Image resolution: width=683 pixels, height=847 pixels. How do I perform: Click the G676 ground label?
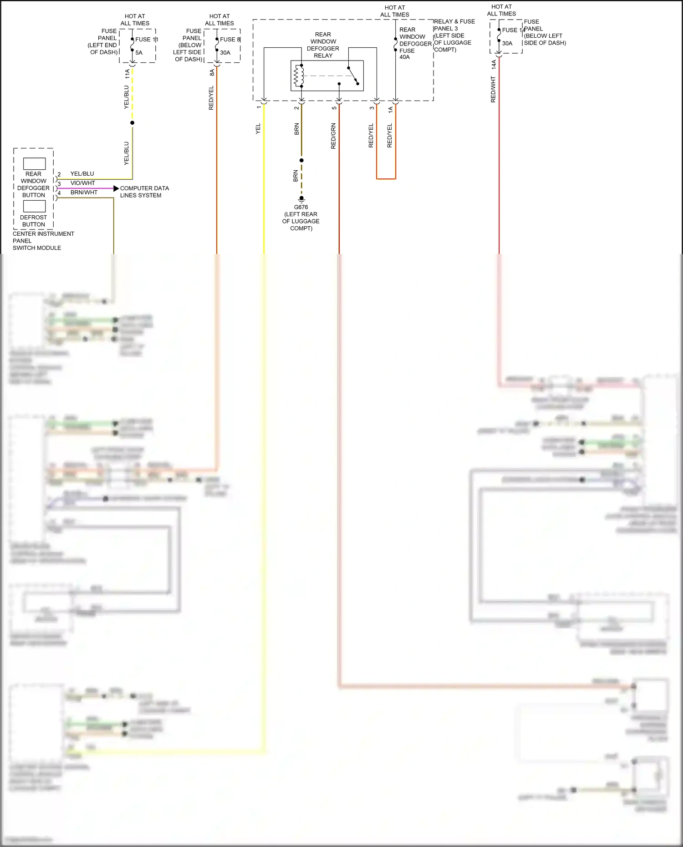click(301, 207)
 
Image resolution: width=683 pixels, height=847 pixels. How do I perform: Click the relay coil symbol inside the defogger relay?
click(299, 76)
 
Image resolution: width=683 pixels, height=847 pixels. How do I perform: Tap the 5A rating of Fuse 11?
click(139, 53)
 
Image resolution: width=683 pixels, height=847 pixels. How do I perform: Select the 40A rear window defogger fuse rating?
click(404, 57)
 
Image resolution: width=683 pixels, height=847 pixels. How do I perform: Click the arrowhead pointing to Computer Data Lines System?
click(116, 188)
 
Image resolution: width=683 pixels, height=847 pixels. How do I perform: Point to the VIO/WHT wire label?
click(82, 183)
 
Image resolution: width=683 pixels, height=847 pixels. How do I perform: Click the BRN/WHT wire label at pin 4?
click(84, 193)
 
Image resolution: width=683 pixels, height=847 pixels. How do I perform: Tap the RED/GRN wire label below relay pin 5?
click(333, 136)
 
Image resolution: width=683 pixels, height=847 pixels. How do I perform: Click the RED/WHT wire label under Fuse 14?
click(493, 89)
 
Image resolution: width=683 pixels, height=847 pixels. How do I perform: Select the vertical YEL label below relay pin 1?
click(258, 128)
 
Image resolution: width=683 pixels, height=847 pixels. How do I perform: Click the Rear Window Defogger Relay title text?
click(323, 45)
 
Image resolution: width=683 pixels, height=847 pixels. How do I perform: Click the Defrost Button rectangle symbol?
click(34, 206)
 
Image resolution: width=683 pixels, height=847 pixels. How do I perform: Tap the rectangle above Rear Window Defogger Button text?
click(34, 164)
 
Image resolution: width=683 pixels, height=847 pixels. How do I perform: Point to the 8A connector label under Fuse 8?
click(212, 72)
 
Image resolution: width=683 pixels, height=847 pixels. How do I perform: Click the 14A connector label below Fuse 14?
click(494, 64)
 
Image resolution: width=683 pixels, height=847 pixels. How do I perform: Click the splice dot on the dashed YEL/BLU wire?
click(133, 123)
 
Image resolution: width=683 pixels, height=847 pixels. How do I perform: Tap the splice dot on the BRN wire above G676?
click(301, 160)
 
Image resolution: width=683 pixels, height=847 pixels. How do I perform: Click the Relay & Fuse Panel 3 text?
click(454, 25)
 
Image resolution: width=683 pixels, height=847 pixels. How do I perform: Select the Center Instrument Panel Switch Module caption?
click(43, 241)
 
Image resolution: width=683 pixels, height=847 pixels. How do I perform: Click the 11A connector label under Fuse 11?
click(127, 74)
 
